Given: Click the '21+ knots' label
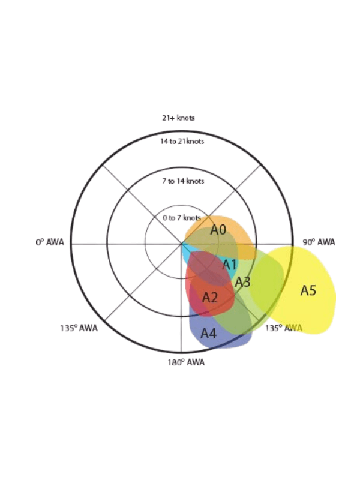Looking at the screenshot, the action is (178, 118).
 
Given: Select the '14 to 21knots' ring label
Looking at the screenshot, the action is (182, 142).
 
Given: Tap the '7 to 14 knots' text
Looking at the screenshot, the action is (183, 181).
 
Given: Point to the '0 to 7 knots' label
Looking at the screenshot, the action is (182, 218).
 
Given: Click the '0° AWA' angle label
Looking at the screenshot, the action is (50, 242).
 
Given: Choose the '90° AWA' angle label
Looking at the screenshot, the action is (319, 242).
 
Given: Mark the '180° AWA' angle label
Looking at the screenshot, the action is (186, 363).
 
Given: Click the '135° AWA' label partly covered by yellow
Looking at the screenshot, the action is (284, 328).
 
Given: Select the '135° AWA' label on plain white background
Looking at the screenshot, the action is (79, 328).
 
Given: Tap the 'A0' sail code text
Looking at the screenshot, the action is (218, 230).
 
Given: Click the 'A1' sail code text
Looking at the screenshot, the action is (230, 265).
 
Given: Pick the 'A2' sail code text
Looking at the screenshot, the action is (210, 298).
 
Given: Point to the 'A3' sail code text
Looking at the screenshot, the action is (243, 282).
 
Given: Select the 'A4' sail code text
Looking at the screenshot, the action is (208, 334).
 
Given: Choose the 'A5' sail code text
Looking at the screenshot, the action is (308, 291).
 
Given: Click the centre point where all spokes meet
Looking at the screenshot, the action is (181, 244).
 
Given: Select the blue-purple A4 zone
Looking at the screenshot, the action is (220, 340).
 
